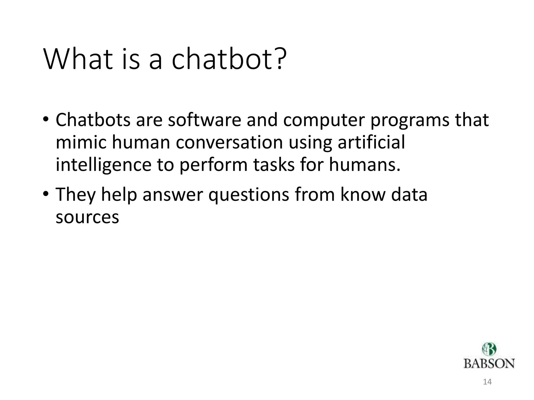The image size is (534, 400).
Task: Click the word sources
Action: (87, 217)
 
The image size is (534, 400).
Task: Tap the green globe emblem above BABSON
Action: (489, 349)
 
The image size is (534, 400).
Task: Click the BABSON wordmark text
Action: (489, 364)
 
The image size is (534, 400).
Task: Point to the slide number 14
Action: (487, 382)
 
